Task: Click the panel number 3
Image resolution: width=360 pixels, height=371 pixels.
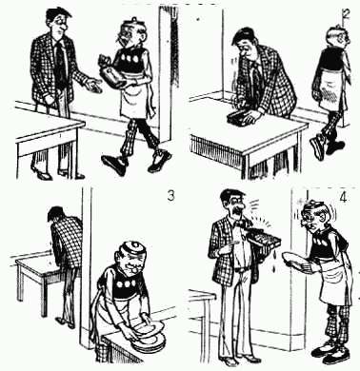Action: pos(171,196)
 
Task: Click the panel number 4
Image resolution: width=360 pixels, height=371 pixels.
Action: pos(343,198)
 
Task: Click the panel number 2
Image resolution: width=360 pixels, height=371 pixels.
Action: pos(347,15)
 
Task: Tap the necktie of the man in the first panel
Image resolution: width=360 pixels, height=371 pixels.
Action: pos(60,62)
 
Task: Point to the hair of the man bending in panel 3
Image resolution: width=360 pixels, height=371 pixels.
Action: pos(56,213)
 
